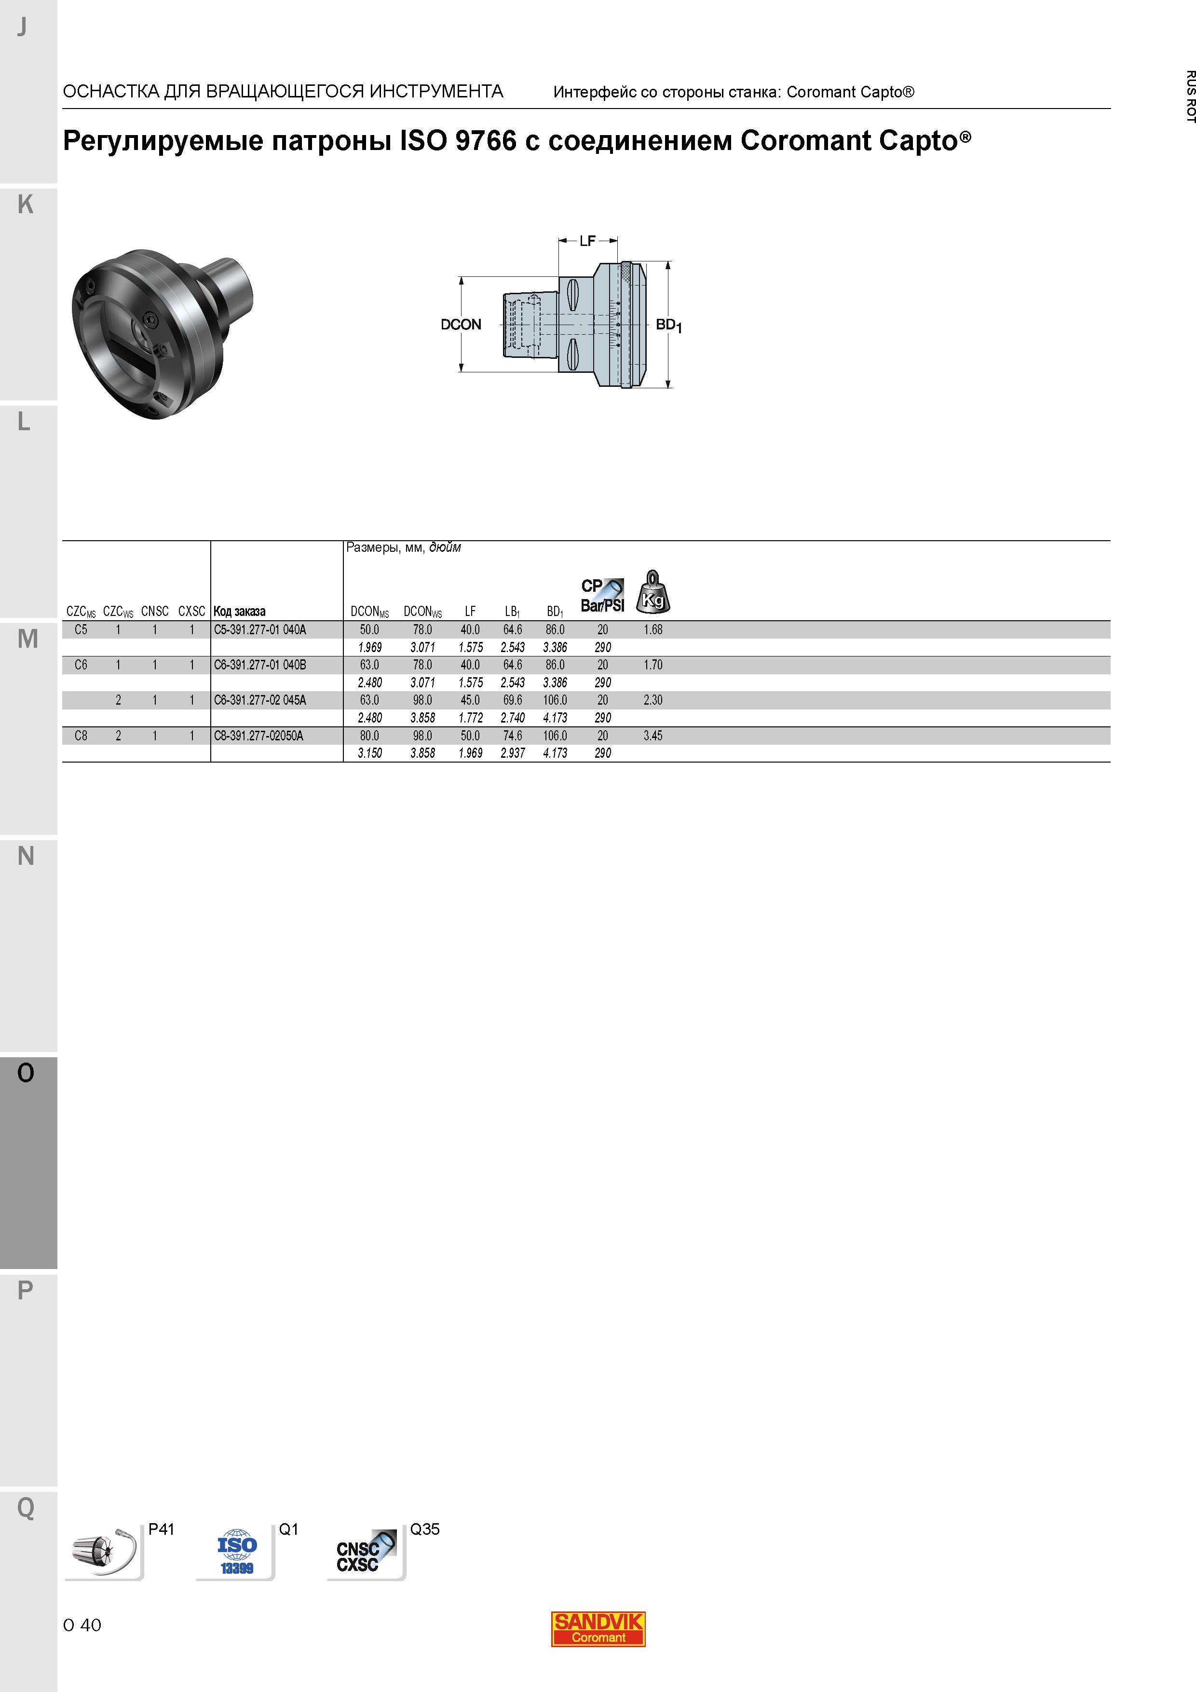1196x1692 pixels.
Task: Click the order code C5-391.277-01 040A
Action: (x=259, y=629)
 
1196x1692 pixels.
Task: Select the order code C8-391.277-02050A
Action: (x=258, y=736)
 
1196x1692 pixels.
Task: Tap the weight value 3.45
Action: (x=653, y=736)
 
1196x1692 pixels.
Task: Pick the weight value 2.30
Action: (x=653, y=700)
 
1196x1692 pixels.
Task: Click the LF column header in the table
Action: (x=470, y=611)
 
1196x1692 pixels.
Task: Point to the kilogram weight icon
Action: (x=653, y=592)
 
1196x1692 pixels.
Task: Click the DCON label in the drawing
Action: (x=461, y=324)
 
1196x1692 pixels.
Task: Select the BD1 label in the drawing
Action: (x=668, y=325)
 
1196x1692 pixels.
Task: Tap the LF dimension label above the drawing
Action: (x=587, y=241)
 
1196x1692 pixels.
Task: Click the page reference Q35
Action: (x=424, y=1529)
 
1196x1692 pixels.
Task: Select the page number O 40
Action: (x=82, y=1625)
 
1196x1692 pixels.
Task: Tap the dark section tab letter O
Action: (x=26, y=1073)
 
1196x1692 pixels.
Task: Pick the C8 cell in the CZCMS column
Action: (x=81, y=736)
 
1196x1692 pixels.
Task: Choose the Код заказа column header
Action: (x=240, y=611)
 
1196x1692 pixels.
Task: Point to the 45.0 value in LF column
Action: (x=470, y=700)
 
